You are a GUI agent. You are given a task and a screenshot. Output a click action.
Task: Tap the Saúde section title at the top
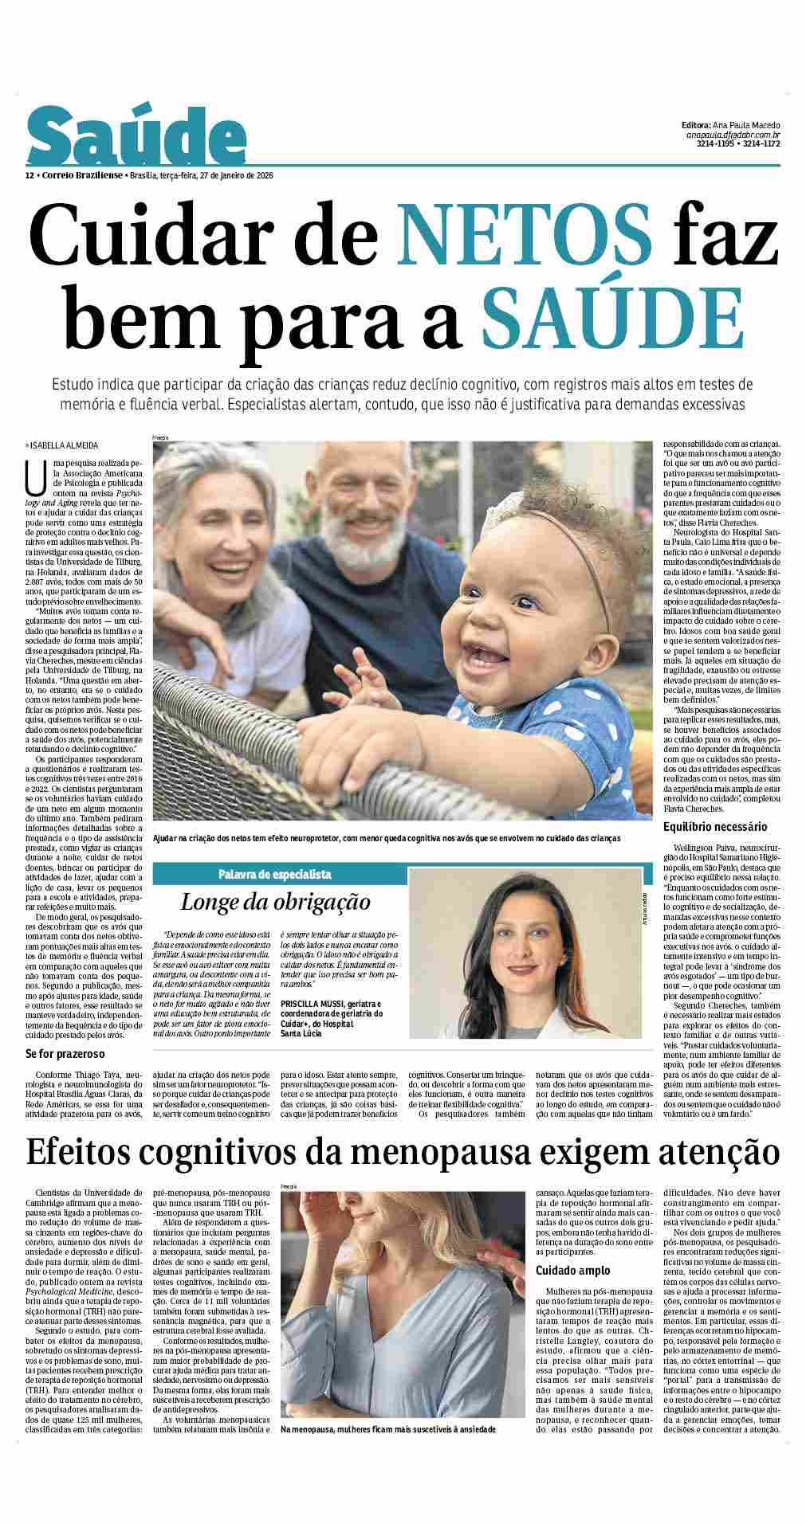(x=136, y=138)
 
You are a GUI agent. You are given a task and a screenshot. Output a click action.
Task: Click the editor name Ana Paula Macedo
(x=745, y=125)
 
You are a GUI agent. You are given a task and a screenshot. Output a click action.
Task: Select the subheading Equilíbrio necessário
(x=715, y=826)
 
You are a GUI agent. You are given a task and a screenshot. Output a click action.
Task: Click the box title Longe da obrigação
(x=276, y=903)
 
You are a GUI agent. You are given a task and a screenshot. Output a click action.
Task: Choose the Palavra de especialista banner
(x=275, y=874)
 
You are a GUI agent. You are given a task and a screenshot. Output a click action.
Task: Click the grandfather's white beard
(x=364, y=550)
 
